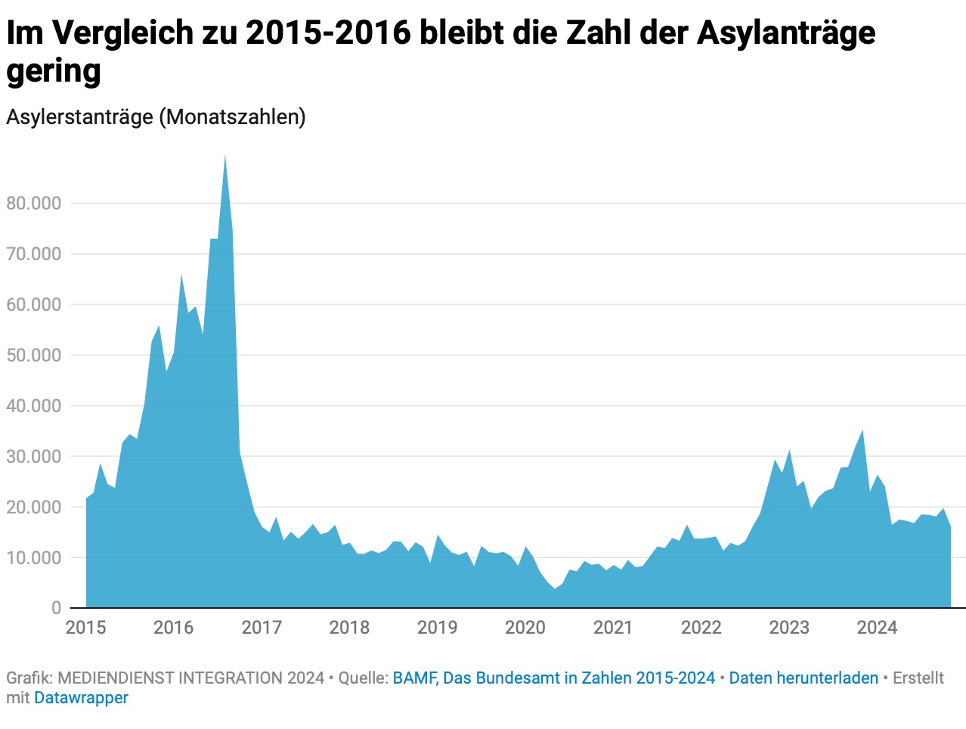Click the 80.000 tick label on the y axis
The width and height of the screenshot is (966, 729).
click(33, 203)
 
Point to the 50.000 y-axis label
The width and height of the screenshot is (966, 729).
click(33, 355)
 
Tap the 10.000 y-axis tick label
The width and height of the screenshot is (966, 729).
click(33, 558)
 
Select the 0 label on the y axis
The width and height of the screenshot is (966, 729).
click(56, 608)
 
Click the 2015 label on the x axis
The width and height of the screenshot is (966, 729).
click(86, 628)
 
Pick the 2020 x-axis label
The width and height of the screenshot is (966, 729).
click(525, 628)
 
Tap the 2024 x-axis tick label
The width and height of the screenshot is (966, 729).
click(877, 628)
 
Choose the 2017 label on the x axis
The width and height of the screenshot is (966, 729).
click(262, 628)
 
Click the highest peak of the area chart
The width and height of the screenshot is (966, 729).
click(224, 157)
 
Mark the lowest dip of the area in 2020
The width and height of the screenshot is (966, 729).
click(554, 588)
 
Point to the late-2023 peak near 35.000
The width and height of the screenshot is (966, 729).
click(862, 431)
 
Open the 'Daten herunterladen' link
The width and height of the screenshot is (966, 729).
click(803, 678)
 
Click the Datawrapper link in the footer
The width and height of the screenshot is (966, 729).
click(81, 698)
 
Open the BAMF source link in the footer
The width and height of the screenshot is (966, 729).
click(553, 678)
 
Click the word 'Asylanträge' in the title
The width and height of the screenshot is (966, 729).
click(786, 33)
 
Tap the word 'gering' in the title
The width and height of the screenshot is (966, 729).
click(54, 72)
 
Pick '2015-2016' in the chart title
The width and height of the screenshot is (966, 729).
click(327, 33)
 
